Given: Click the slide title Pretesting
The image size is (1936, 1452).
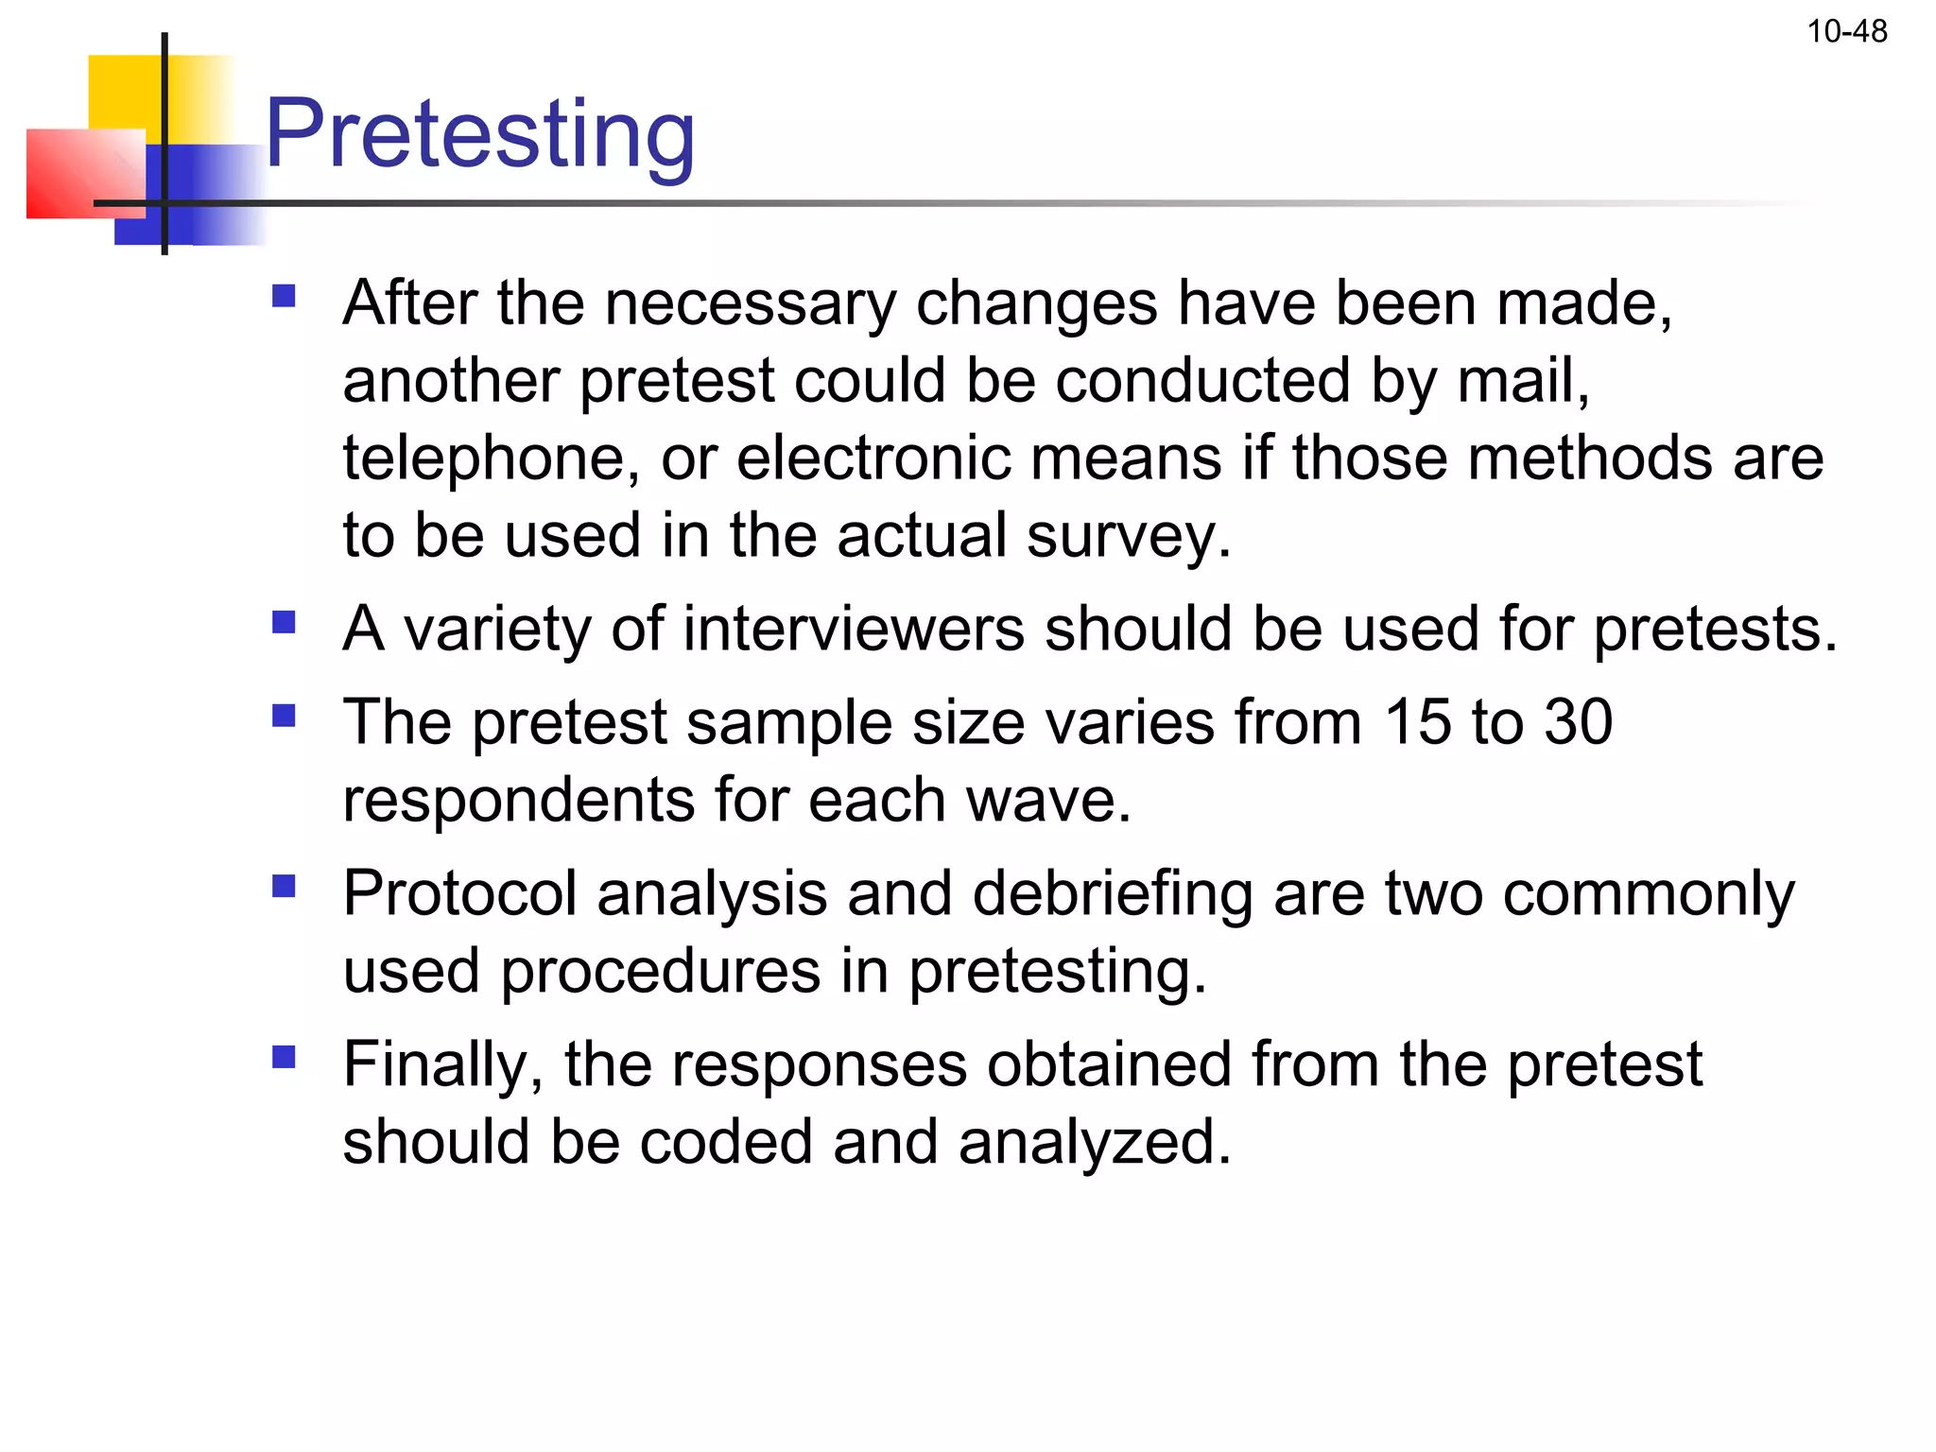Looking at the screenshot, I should pos(480,134).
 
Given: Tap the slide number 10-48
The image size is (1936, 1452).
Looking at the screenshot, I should pos(1846,32).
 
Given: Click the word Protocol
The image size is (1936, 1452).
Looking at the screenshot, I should pos(459,894).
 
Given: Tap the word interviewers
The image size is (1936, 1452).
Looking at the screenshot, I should pos(853,630).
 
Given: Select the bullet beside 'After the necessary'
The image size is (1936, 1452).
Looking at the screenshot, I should pos(284,298).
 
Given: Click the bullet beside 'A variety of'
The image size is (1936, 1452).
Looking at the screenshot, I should pos(284,622).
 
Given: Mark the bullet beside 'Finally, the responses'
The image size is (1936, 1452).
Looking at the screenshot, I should pos(284,1056).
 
